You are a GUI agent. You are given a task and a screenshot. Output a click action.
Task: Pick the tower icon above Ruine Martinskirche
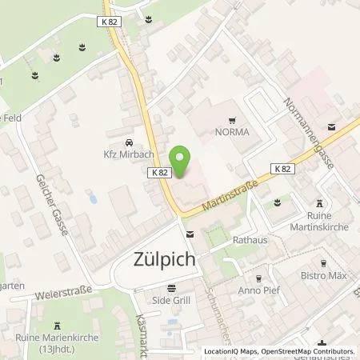point(321,202)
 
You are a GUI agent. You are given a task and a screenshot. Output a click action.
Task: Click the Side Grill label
point(170,302)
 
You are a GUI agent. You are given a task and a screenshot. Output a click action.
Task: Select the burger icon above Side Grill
point(170,288)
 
